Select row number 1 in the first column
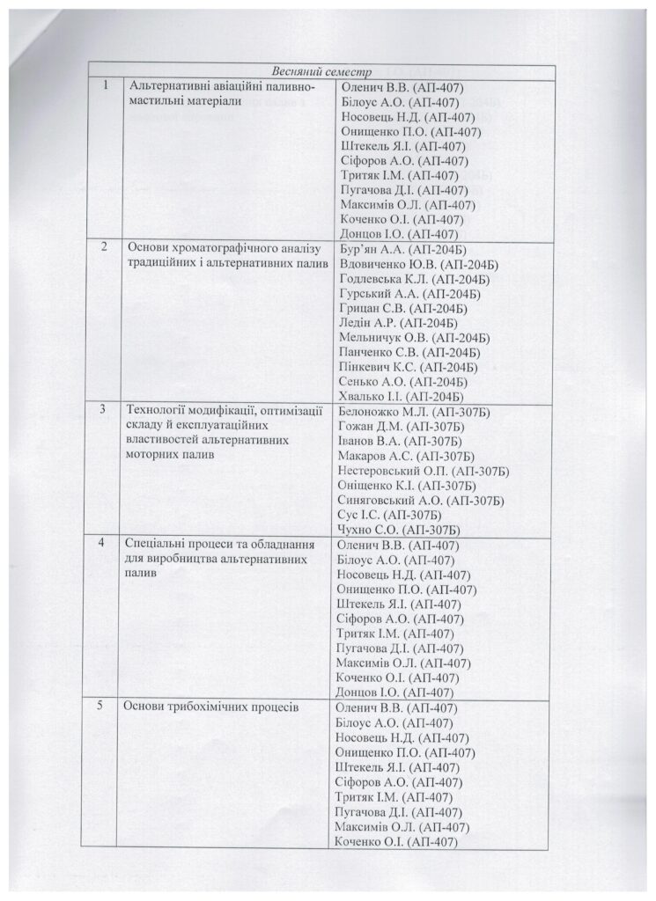[x=106, y=86]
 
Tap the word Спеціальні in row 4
[x=156, y=544]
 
